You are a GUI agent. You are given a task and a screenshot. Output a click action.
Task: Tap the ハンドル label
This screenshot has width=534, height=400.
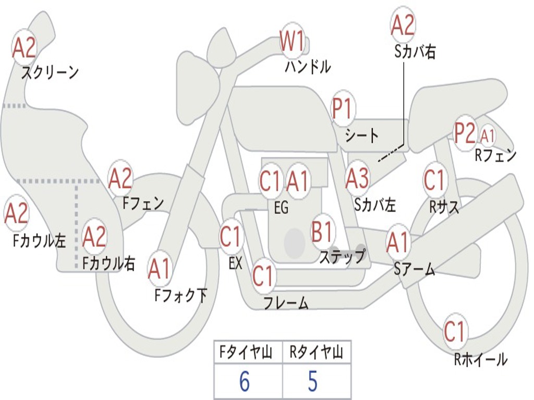(x=308, y=67)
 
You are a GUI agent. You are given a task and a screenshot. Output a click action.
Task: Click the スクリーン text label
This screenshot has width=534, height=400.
(x=50, y=72)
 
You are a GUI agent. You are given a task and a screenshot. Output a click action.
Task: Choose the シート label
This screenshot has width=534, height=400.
(x=362, y=136)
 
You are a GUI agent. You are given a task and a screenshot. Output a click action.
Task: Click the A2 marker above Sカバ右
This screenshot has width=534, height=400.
(x=403, y=25)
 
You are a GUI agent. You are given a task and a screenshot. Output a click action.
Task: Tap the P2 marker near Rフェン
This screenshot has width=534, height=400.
(x=465, y=134)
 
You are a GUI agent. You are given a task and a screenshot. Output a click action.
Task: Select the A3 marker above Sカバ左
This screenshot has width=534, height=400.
(x=358, y=179)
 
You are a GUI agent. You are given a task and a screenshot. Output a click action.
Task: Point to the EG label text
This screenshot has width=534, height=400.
(x=281, y=208)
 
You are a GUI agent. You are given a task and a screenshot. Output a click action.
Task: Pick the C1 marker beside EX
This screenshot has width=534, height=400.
(x=231, y=237)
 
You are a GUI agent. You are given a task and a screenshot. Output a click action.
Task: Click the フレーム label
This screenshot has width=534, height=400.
(x=286, y=303)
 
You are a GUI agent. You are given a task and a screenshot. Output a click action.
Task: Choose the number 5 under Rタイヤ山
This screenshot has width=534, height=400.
(x=312, y=382)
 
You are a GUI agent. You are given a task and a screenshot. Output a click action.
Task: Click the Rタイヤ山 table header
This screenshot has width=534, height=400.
(x=316, y=354)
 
